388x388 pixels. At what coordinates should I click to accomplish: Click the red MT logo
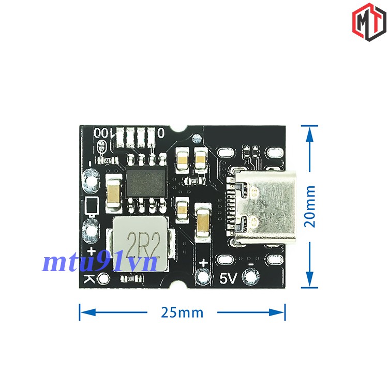[369, 21]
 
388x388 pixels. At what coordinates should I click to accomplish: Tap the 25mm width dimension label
[182, 312]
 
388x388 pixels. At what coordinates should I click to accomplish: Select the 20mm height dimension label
[310, 206]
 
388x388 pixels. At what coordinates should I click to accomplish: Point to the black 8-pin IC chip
[147, 183]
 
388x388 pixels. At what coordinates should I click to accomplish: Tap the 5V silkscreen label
[228, 278]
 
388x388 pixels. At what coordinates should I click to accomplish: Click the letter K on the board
[89, 279]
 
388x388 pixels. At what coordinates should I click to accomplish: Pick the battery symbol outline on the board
[91, 205]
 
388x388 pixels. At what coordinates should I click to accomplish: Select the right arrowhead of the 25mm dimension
[279, 312]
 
